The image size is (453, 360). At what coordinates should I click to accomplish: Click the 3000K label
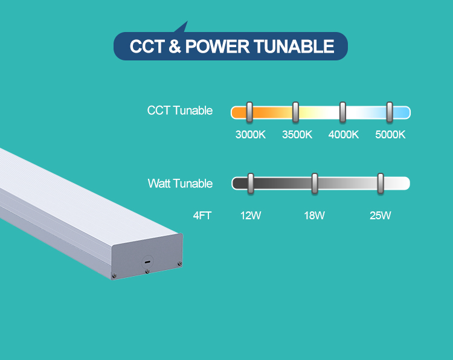click(x=250, y=134)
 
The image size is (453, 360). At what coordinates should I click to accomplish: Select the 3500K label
click(x=297, y=134)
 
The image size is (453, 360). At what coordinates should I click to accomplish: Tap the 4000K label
click(x=344, y=134)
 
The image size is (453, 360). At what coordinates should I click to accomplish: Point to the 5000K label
click(x=390, y=134)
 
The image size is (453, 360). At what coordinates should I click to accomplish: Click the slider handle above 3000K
click(x=249, y=112)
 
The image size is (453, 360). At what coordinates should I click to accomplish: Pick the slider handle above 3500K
click(x=296, y=112)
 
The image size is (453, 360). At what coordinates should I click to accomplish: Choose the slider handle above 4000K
click(x=342, y=112)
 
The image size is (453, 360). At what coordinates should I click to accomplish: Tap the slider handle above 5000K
click(x=390, y=112)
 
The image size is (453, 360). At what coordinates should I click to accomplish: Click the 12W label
click(x=251, y=215)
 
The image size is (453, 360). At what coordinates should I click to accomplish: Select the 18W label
click(x=314, y=215)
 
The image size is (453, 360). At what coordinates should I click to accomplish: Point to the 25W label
click(x=381, y=215)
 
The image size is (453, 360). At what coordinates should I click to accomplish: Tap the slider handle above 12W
click(x=251, y=183)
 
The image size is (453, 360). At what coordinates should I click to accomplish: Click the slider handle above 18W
click(x=315, y=183)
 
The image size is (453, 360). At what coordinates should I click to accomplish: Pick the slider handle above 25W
click(x=381, y=183)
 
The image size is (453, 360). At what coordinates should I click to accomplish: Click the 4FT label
click(x=202, y=215)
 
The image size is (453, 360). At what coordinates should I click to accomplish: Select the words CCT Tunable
click(x=180, y=111)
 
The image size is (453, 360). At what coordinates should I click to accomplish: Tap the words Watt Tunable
click(x=180, y=183)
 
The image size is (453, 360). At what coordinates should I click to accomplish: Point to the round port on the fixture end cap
click(x=147, y=262)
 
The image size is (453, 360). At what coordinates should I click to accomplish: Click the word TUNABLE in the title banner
click(x=296, y=47)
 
